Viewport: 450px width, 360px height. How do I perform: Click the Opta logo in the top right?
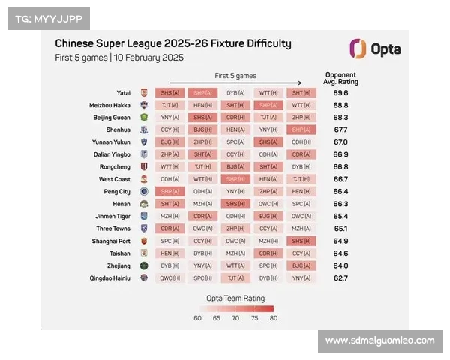pos(375,49)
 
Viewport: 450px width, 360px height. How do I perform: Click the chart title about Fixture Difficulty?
pos(173,43)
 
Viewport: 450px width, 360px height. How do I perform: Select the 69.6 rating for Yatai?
pos(340,93)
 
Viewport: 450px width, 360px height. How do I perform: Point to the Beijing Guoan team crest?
pos(144,118)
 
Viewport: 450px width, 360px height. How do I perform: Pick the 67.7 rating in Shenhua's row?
pos(340,130)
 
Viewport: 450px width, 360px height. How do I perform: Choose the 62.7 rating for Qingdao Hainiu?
pos(340,277)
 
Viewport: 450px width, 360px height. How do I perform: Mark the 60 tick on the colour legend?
pos(198,318)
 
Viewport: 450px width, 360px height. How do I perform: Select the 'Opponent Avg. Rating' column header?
pos(340,77)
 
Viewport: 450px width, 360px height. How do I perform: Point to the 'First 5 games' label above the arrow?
pos(235,76)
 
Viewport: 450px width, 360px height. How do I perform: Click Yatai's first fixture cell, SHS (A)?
pos(170,93)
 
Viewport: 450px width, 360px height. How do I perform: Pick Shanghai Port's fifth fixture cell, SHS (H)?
pos(301,241)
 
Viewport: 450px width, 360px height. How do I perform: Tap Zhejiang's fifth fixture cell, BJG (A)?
pos(301,265)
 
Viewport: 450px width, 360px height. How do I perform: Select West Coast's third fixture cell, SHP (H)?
pos(236,179)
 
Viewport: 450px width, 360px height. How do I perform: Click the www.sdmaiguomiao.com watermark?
pos(380,340)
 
